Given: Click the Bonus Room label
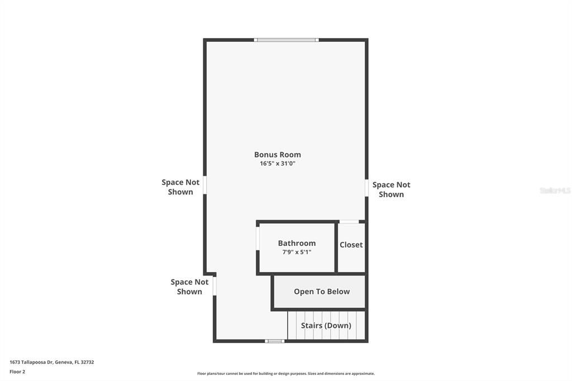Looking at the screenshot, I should pos(278,155).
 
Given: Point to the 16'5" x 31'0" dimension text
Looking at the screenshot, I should pos(278,164).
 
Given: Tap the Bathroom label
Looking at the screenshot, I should pos(297,243).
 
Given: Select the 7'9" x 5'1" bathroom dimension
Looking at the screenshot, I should pos(297,252).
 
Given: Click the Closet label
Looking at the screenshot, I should pos(351,245).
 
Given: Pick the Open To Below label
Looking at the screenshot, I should pos(322,292).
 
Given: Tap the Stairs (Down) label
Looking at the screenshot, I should pos(326,325).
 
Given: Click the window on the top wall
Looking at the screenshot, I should pos(286,40).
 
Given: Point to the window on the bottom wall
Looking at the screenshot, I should pos(274,341).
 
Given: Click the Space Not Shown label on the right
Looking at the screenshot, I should pos(391,189).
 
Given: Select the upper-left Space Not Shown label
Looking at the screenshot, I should pos(180,187).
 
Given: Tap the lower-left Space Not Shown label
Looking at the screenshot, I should pos(189,287).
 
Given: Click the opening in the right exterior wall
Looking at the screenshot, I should pos(366,188).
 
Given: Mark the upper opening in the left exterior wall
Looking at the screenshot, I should pos(205,185).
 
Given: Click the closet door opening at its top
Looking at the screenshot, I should pos(350,222).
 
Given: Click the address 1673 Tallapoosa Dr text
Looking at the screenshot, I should pos(52,362).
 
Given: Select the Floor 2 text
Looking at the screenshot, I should pos(17,372).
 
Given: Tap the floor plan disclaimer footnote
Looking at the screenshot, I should pos(286,374).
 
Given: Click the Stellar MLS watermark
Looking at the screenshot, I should pos(555,190).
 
